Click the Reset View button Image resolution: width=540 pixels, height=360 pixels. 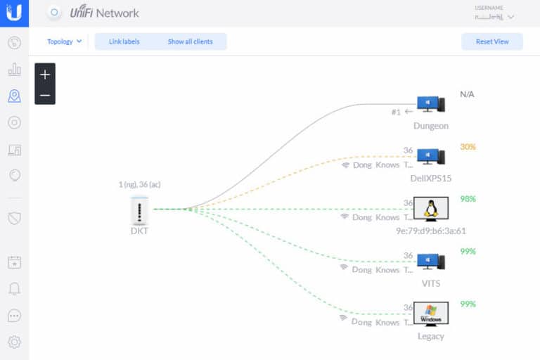tap(492, 41)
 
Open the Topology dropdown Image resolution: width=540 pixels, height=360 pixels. tap(64, 41)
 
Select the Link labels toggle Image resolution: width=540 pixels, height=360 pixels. tap(124, 41)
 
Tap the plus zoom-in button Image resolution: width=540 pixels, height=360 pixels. tap(45, 74)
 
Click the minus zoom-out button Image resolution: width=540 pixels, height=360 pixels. tap(45, 95)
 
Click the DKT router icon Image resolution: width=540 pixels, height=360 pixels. tap(139, 209)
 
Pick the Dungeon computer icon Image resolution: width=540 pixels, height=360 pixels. tap(430, 104)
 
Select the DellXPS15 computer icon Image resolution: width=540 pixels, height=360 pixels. tap(430, 157)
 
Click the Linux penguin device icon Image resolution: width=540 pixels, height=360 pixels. tap(430, 210)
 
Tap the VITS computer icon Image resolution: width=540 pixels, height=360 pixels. tap(430, 262)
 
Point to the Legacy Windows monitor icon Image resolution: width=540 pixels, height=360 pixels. tap(430, 314)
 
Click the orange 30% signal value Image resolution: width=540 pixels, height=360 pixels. tap(468, 147)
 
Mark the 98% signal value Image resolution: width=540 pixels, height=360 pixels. tap(468, 199)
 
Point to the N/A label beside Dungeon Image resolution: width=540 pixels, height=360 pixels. tap(467, 94)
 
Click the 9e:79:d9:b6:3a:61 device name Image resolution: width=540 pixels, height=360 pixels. tap(430, 231)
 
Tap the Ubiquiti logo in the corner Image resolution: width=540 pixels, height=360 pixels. tap(14, 13)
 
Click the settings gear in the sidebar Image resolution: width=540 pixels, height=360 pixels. tap(14, 342)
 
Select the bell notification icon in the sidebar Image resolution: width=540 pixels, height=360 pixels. tap(14, 289)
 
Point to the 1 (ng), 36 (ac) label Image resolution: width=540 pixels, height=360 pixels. tap(139, 184)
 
